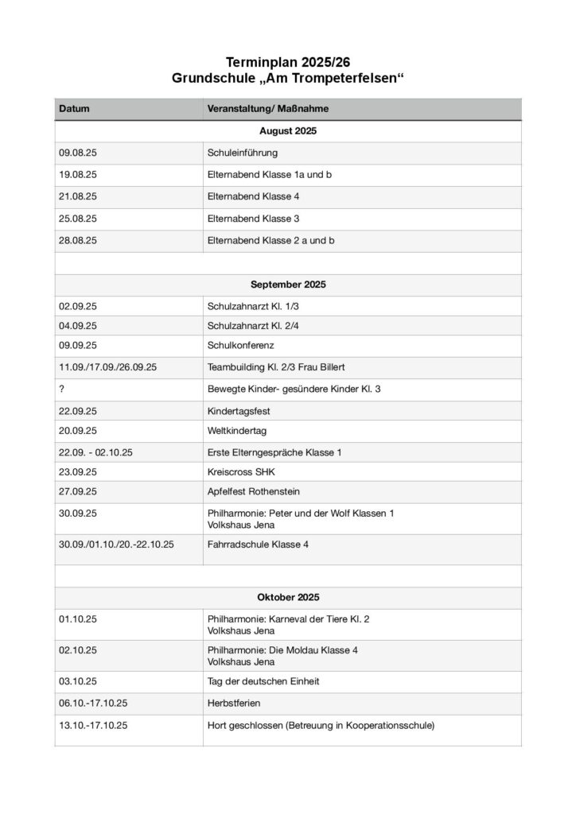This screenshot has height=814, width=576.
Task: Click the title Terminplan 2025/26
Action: tap(288, 62)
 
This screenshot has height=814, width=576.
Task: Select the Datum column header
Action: tap(74, 108)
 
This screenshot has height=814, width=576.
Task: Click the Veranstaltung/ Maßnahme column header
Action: tap(268, 108)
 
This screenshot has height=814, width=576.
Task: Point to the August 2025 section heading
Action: tap(288, 130)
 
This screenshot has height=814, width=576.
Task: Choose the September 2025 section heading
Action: tap(288, 284)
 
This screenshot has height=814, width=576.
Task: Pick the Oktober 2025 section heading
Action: tap(288, 597)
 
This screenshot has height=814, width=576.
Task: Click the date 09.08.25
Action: tap(77, 153)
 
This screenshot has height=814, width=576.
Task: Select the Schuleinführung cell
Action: tap(242, 153)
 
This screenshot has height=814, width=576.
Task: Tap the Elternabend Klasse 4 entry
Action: tap(253, 196)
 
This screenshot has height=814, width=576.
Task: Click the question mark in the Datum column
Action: tap(61, 389)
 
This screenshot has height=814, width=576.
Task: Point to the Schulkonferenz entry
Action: tap(240, 345)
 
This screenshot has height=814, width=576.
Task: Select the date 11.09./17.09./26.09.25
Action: tap(107, 367)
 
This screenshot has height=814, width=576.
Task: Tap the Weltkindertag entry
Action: tap(237, 430)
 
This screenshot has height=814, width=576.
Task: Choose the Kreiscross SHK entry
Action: tap(241, 471)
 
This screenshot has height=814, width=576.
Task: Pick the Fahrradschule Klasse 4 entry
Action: tap(258, 545)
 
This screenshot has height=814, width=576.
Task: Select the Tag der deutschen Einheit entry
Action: tap(263, 681)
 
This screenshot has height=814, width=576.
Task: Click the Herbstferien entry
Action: tap(234, 703)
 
